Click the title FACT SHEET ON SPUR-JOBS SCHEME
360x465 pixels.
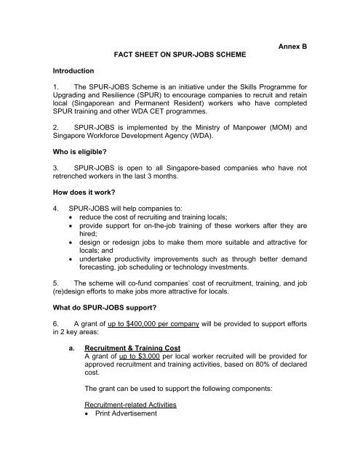click(x=179, y=54)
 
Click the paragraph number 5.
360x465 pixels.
click(x=57, y=300)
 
